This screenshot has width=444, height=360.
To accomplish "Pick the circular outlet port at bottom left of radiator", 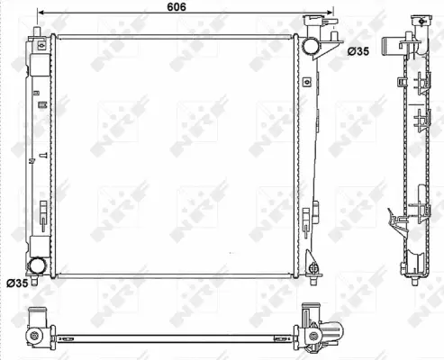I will coord(38,265).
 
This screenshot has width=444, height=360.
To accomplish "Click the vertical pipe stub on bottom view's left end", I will coord(37,317).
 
